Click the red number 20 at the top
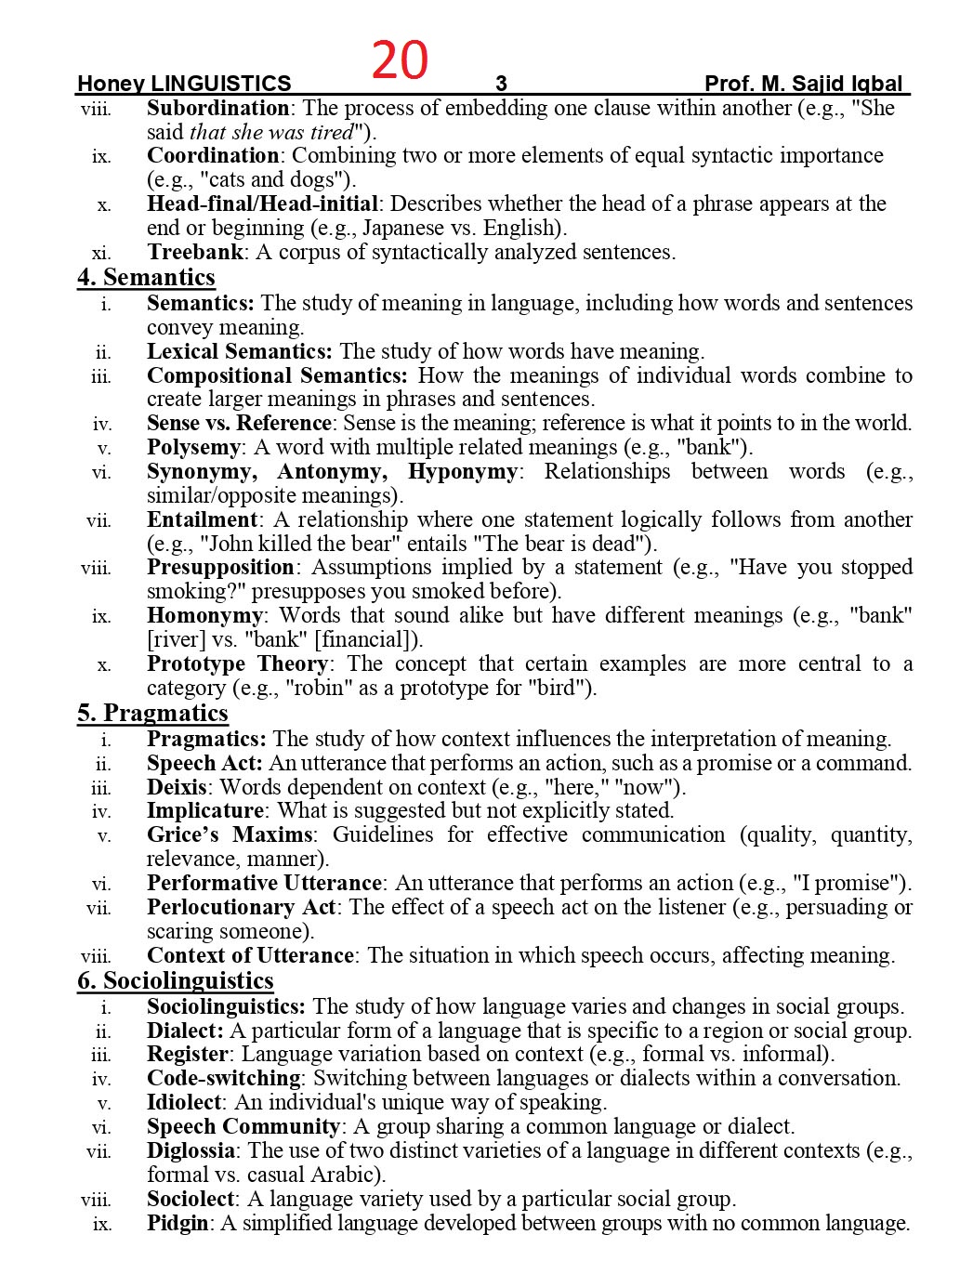(400, 60)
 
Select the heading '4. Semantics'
(146, 278)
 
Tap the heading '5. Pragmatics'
(152, 714)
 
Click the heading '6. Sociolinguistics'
(175, 981)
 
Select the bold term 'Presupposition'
(220, 568)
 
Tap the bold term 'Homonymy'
(204, 616)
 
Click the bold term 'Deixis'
(177, 787)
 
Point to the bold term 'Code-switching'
(224, 1079)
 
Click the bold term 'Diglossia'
(191, 1151)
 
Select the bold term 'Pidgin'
(178, 1224)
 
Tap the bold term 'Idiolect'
(184, 1103)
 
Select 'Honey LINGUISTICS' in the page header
(184, 85)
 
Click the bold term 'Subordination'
(217, 109)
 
